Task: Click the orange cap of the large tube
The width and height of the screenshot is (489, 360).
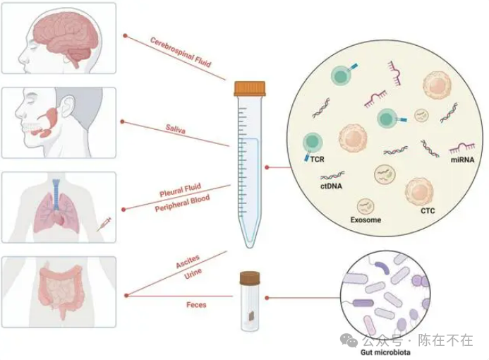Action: [250, 88]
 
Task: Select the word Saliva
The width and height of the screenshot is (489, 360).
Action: [176, 131]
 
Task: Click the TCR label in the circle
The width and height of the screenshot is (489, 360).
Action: [317, 160]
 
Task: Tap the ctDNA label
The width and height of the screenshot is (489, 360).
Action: [331, 186]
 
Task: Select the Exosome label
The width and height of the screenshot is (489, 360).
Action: [366, 220]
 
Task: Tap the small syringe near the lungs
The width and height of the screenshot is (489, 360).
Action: [104, 225]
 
